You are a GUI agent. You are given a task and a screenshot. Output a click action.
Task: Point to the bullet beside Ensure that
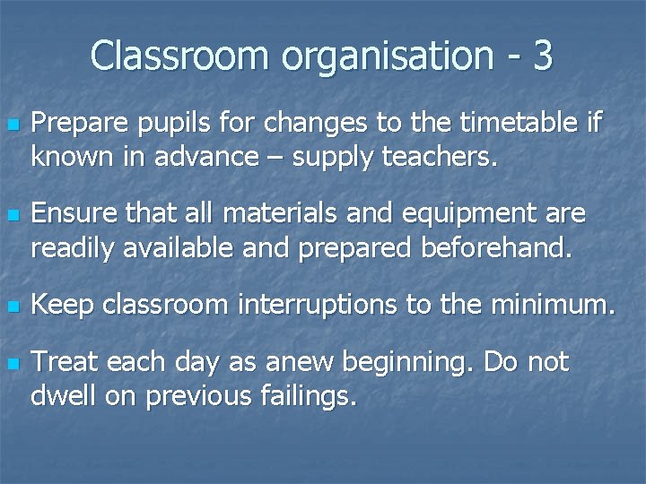click(11, 216)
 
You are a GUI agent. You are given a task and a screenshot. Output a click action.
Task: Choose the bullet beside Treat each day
click(11, 364)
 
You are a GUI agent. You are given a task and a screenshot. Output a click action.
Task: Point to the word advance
click(205, 158)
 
